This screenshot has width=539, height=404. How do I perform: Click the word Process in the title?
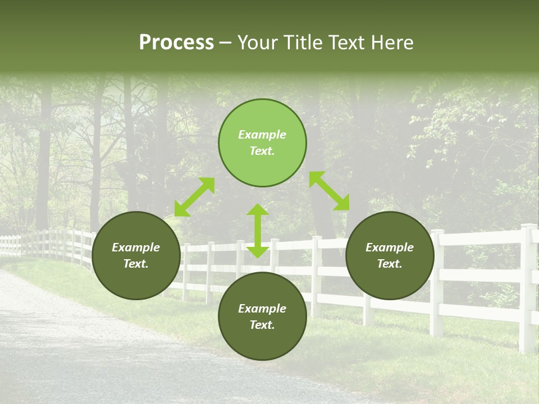tap(176, 43)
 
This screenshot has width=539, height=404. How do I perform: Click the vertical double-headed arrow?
tap(258, 231)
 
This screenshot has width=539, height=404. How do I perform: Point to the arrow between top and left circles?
tap(194, 197)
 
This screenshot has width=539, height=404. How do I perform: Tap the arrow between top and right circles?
tap(329, 191)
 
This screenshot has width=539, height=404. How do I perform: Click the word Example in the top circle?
tap(262, 135)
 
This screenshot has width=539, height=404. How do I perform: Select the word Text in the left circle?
tap(136, 264)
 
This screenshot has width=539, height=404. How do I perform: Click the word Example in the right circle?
tap(390, 247)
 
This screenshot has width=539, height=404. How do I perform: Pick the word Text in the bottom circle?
tap(262, 325)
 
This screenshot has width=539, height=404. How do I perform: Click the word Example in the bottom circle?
tap(262, 309)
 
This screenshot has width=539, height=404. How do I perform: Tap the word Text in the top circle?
tap(262, 151)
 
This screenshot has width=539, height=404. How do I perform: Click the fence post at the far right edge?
tap(527, 286)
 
